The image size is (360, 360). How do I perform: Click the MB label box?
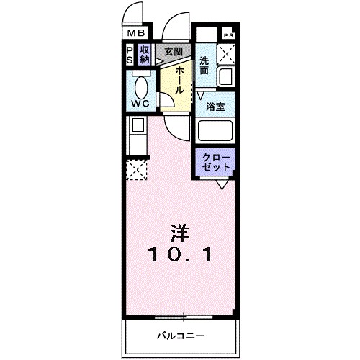point(136,32)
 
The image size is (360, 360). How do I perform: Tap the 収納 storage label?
point(145,55)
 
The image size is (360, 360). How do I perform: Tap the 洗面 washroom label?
point(205,66)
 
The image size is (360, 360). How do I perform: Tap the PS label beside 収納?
point(130,55)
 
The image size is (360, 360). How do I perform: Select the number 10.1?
point(181,254)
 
